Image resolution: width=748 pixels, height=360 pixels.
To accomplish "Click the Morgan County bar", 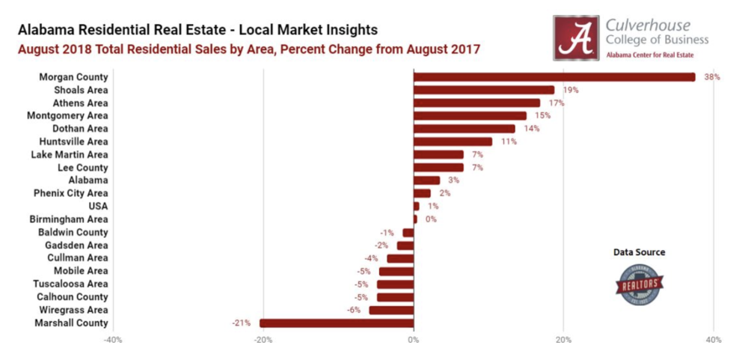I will point(554,76).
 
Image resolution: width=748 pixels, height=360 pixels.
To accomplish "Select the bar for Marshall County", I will point(337,323).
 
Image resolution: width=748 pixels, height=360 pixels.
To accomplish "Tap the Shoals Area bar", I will point(483,90).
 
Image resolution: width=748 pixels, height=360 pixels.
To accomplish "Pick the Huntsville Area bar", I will point(453,141).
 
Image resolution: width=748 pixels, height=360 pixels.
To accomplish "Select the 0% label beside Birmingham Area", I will point(430,219).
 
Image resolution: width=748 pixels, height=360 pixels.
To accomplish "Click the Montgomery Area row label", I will point(67,115).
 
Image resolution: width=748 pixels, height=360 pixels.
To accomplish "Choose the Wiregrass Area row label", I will point(74,310).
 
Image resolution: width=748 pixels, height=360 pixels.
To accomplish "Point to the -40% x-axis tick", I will point(112,340).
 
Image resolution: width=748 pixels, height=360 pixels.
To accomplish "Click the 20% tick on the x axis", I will point(563,340).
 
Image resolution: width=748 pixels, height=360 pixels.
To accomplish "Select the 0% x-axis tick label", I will point(413,340).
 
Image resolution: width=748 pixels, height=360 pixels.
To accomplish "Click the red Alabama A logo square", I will point(576,37).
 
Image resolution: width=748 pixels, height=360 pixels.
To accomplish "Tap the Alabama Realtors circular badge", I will point(639,284).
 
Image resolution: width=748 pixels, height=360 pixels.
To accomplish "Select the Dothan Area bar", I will point(464,129).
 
